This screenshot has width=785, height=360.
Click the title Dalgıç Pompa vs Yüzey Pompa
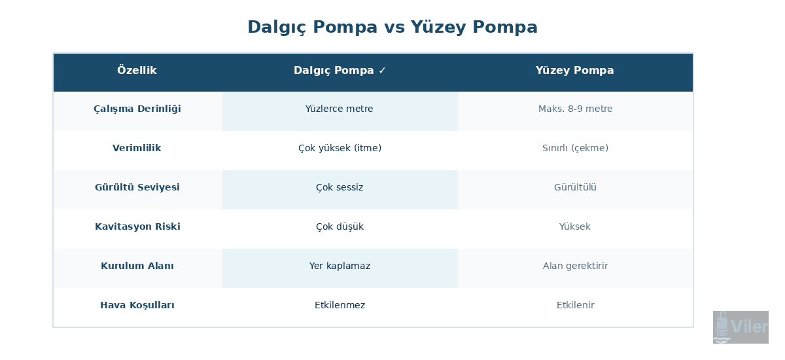click(x=392, y=27)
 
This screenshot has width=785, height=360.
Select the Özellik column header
click(x=137, y=71)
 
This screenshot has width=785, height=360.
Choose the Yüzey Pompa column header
click(x=574, y=71)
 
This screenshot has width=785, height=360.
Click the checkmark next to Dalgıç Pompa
click(x=383, y=71)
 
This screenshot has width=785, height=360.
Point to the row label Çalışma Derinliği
click(x=137, y=109)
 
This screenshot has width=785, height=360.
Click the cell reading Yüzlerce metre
click(x=340, y=109)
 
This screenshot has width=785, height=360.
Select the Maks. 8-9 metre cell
click(x=575, y=109)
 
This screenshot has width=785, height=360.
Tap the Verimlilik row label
click(x=137, y=149)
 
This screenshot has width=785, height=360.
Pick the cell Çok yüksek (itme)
click(x=340, y=149)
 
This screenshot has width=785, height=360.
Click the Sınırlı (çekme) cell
click(x=575, y=149)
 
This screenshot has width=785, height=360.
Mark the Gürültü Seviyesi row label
click(x=137, y=188)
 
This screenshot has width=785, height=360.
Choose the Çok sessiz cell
click(x=340, y=188)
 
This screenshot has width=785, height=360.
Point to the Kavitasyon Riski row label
click(x=137, y=227)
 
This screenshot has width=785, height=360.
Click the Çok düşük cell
click(x=340, y=227)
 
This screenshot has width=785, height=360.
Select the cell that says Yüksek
click(x=575, y=227)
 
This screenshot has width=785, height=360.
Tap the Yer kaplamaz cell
click(x=340, y=266)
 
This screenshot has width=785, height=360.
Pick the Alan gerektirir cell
click(x=575, y=266)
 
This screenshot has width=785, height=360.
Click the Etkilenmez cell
click(x=340, y=306)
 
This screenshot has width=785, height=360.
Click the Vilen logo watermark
click(x=741, y=327)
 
